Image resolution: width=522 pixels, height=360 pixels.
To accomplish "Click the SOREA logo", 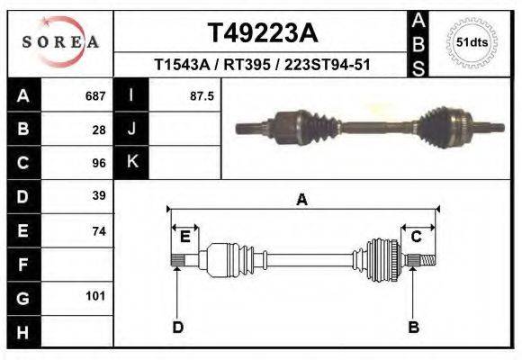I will [59, 41].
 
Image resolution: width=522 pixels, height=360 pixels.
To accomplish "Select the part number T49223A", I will [262, 33].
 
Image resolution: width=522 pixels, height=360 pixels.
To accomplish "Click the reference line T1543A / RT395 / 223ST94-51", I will [262, 66].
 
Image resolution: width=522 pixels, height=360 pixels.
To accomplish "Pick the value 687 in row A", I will [95, 95].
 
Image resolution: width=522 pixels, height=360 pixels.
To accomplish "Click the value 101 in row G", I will [95, 296].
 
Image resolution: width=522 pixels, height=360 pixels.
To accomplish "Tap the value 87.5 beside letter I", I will [201, 95].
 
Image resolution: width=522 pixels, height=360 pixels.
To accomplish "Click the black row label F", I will [22, 265].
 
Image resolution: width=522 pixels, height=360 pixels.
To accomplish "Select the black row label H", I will [22, 332].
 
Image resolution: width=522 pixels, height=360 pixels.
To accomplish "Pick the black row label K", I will [131, 163].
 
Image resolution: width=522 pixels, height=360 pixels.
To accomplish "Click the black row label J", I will [131, 130].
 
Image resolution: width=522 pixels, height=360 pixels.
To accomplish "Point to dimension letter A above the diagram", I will [301, 200].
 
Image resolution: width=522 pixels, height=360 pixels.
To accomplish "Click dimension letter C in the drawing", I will [417, 237].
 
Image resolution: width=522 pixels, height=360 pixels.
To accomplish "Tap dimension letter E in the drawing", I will [184, 237].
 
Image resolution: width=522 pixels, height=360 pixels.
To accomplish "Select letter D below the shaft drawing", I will [177, 327].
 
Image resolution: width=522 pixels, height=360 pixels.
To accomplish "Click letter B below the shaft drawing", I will [414, 327].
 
